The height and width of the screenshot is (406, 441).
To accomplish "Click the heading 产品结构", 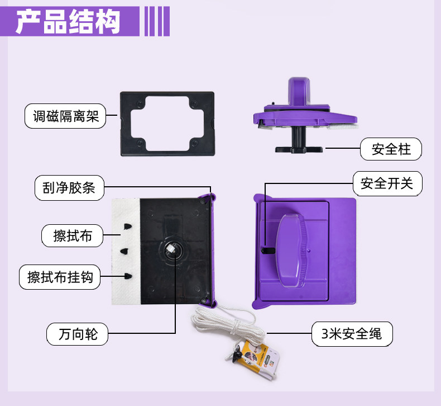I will [68, 22].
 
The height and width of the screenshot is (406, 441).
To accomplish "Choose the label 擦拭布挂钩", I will [64, 277].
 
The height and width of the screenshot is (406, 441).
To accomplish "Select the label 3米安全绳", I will [352, 334].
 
